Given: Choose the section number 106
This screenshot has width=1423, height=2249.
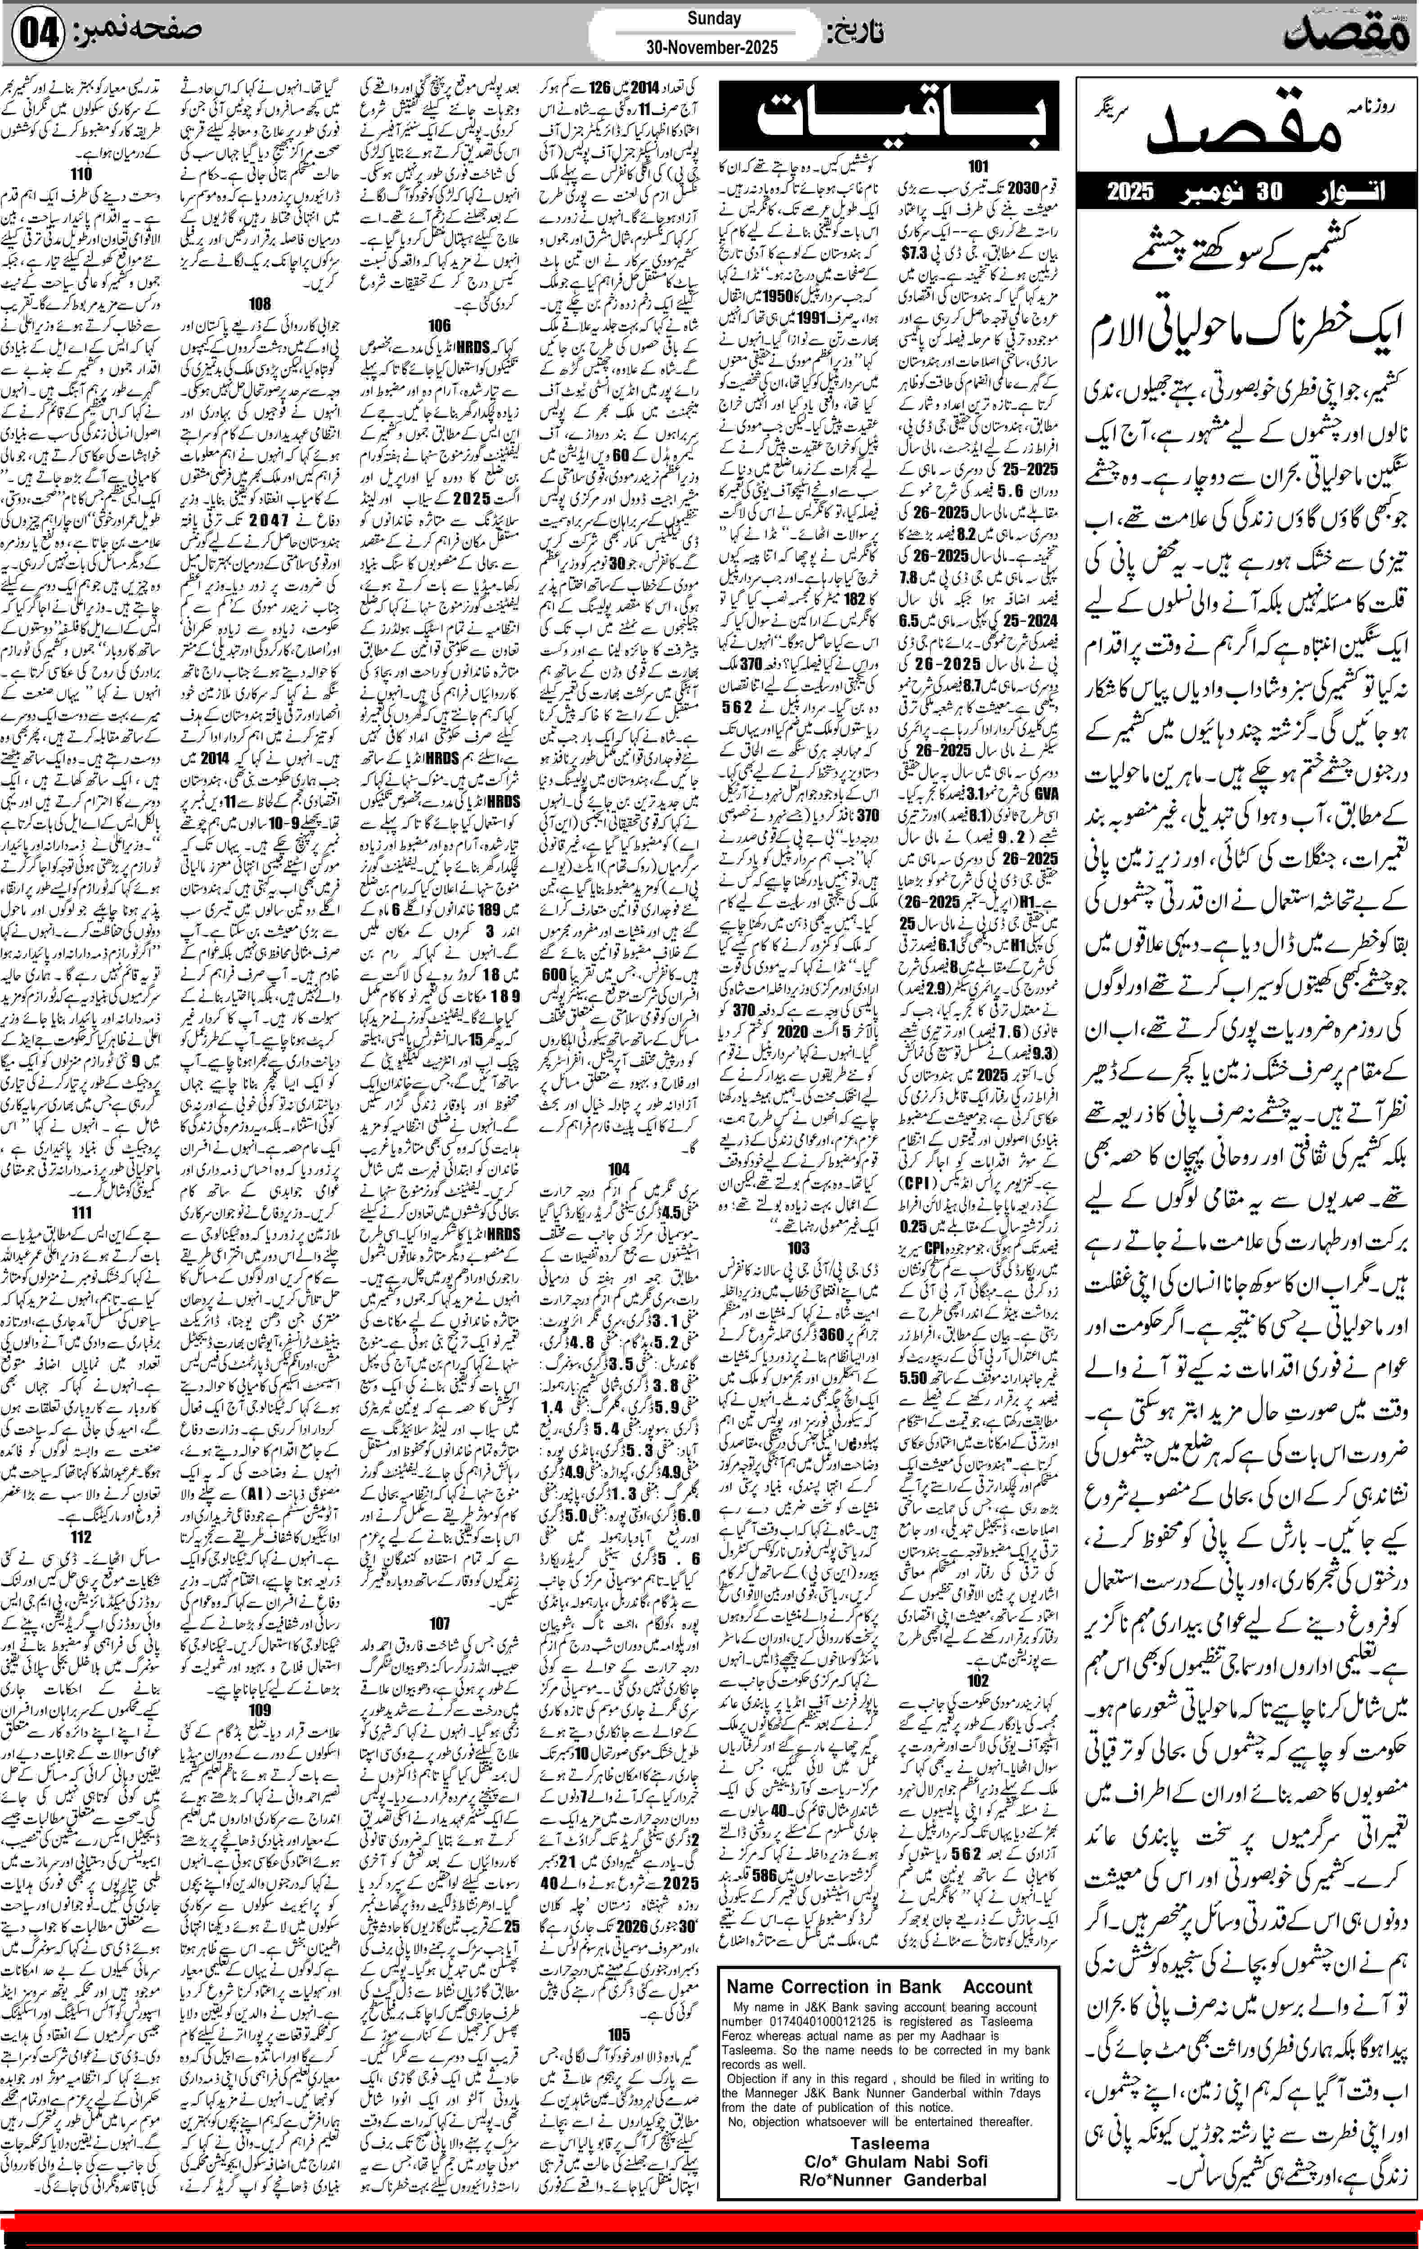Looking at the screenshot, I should (x=439, y=326).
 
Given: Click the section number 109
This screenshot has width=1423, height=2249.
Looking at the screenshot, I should (x=260, y=1709).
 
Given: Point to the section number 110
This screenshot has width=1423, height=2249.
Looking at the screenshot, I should (x=81, y=174).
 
